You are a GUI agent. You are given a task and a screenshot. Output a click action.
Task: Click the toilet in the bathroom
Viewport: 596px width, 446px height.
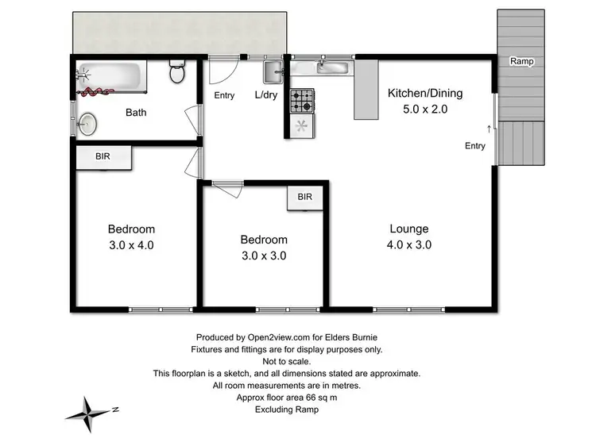(176, 74)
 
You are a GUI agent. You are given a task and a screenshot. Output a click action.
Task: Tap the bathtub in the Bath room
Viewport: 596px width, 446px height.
(111, 77)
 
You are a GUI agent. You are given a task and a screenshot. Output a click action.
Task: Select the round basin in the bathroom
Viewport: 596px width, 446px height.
(87, 123)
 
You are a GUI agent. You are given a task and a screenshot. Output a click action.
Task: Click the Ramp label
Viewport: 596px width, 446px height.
(522, 61)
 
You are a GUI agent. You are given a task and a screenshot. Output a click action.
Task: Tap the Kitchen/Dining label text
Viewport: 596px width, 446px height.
(424, 94)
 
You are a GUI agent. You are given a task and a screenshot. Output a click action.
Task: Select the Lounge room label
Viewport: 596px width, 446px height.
(409, 229)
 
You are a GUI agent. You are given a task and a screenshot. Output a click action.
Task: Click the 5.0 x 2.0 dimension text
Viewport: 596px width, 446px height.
(425, 110)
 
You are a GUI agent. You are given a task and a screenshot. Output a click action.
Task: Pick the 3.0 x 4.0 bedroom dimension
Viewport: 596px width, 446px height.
(131, 245)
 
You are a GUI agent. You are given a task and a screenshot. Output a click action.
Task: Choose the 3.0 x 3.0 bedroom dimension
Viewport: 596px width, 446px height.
(264, 256)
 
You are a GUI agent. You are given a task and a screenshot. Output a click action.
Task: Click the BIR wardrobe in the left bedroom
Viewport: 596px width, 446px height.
(103, 157)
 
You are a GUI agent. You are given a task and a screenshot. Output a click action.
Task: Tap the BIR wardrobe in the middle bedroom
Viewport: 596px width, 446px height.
(305, 198)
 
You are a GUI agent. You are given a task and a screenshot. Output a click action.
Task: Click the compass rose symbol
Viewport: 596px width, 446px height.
(89, 410)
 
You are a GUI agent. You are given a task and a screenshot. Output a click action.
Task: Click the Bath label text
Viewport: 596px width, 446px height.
(136, 113)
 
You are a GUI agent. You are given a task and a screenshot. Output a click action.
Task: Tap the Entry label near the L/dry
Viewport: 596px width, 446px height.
(225, 96)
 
